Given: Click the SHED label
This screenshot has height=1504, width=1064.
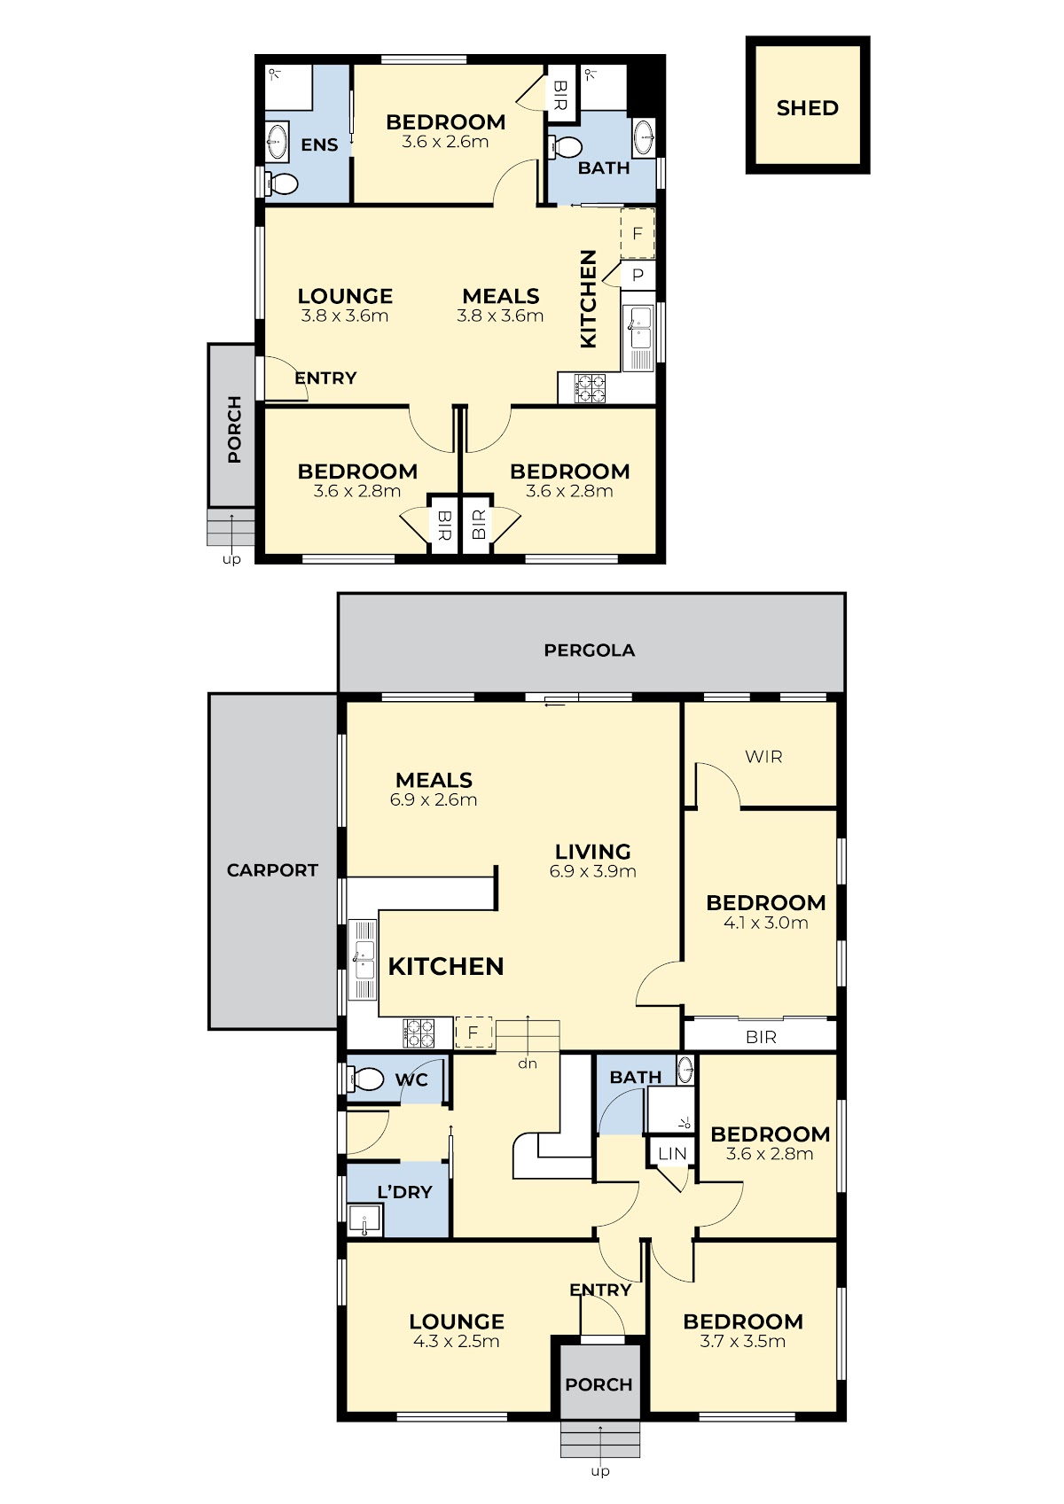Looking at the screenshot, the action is (808, 108).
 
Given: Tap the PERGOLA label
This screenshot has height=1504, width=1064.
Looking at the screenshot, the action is (589, 650).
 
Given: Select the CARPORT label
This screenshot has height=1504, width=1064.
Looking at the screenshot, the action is (272, 870).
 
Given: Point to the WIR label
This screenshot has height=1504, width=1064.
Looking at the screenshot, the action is (763, 757).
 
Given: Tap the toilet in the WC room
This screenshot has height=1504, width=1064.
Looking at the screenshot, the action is (364, 1080).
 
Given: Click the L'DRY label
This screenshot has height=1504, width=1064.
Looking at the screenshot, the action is (404, 1192).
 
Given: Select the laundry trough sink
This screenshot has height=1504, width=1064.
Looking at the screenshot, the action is (364, 1220).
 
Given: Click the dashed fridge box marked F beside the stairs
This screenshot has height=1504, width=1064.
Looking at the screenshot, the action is (473, 1033).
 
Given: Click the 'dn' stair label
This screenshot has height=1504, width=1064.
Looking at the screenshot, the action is (528, 1064).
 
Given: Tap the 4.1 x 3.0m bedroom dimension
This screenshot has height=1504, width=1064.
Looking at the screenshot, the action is (766, 923).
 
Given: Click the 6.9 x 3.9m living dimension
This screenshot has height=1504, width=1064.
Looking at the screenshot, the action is (592, 871).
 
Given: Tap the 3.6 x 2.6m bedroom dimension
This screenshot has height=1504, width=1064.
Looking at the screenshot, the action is (445, 142).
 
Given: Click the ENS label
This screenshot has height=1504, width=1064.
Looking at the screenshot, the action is (319, 145).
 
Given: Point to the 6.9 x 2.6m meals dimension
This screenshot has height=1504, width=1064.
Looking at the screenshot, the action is (434, 799).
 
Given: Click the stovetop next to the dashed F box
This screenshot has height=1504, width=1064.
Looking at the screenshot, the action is (419, 1033).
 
